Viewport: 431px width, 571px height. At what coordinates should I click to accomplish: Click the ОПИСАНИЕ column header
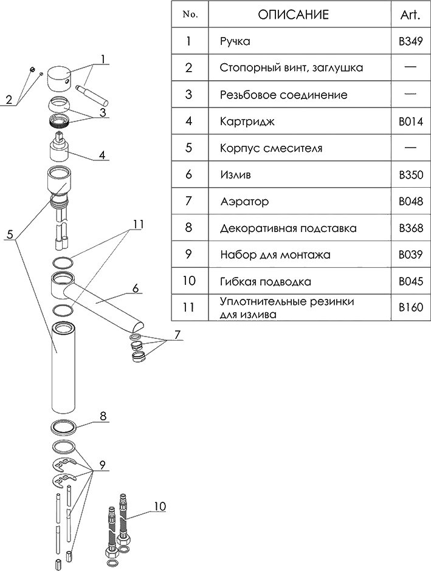[x=292, y=15]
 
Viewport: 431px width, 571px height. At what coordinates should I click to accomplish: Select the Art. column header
[x=410, y=15]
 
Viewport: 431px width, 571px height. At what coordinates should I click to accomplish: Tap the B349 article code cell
[x=410, y=42]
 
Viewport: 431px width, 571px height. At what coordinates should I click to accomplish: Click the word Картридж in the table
[x=247, y=121]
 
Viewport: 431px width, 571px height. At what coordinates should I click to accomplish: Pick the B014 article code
[x=410, y=121]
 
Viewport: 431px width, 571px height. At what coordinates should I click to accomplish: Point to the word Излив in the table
[x=235, y=175]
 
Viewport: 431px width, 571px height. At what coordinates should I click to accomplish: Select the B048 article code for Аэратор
[x=410, y=201]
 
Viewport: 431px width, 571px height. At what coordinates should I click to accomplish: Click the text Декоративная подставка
[x=288, y=228]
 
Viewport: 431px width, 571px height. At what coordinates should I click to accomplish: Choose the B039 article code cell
[x=410, y=255]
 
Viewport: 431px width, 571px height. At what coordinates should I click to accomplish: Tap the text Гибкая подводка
[x=266, y=282]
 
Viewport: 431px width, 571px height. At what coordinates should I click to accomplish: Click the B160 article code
[x=410, y=308]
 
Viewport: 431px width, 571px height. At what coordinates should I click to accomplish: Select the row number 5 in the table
[x=188, y=148]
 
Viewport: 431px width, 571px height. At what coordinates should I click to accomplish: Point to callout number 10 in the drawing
[x=159, y=505]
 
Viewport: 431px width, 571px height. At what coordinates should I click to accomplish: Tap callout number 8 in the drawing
[x=103, y=417]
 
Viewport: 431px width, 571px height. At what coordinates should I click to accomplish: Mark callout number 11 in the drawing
[x=138, y=225]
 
